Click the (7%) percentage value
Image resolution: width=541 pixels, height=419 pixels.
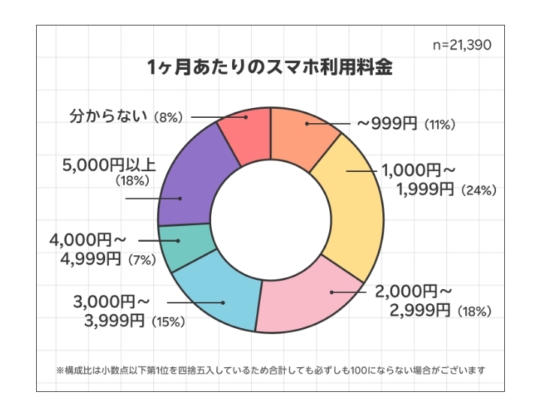[x=141, y=261]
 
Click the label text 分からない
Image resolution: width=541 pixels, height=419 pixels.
[x=107, y=117]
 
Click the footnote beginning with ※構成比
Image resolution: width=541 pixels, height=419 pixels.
[x=270, y=369]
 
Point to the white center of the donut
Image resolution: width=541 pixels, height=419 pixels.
[x=270, y=218]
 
